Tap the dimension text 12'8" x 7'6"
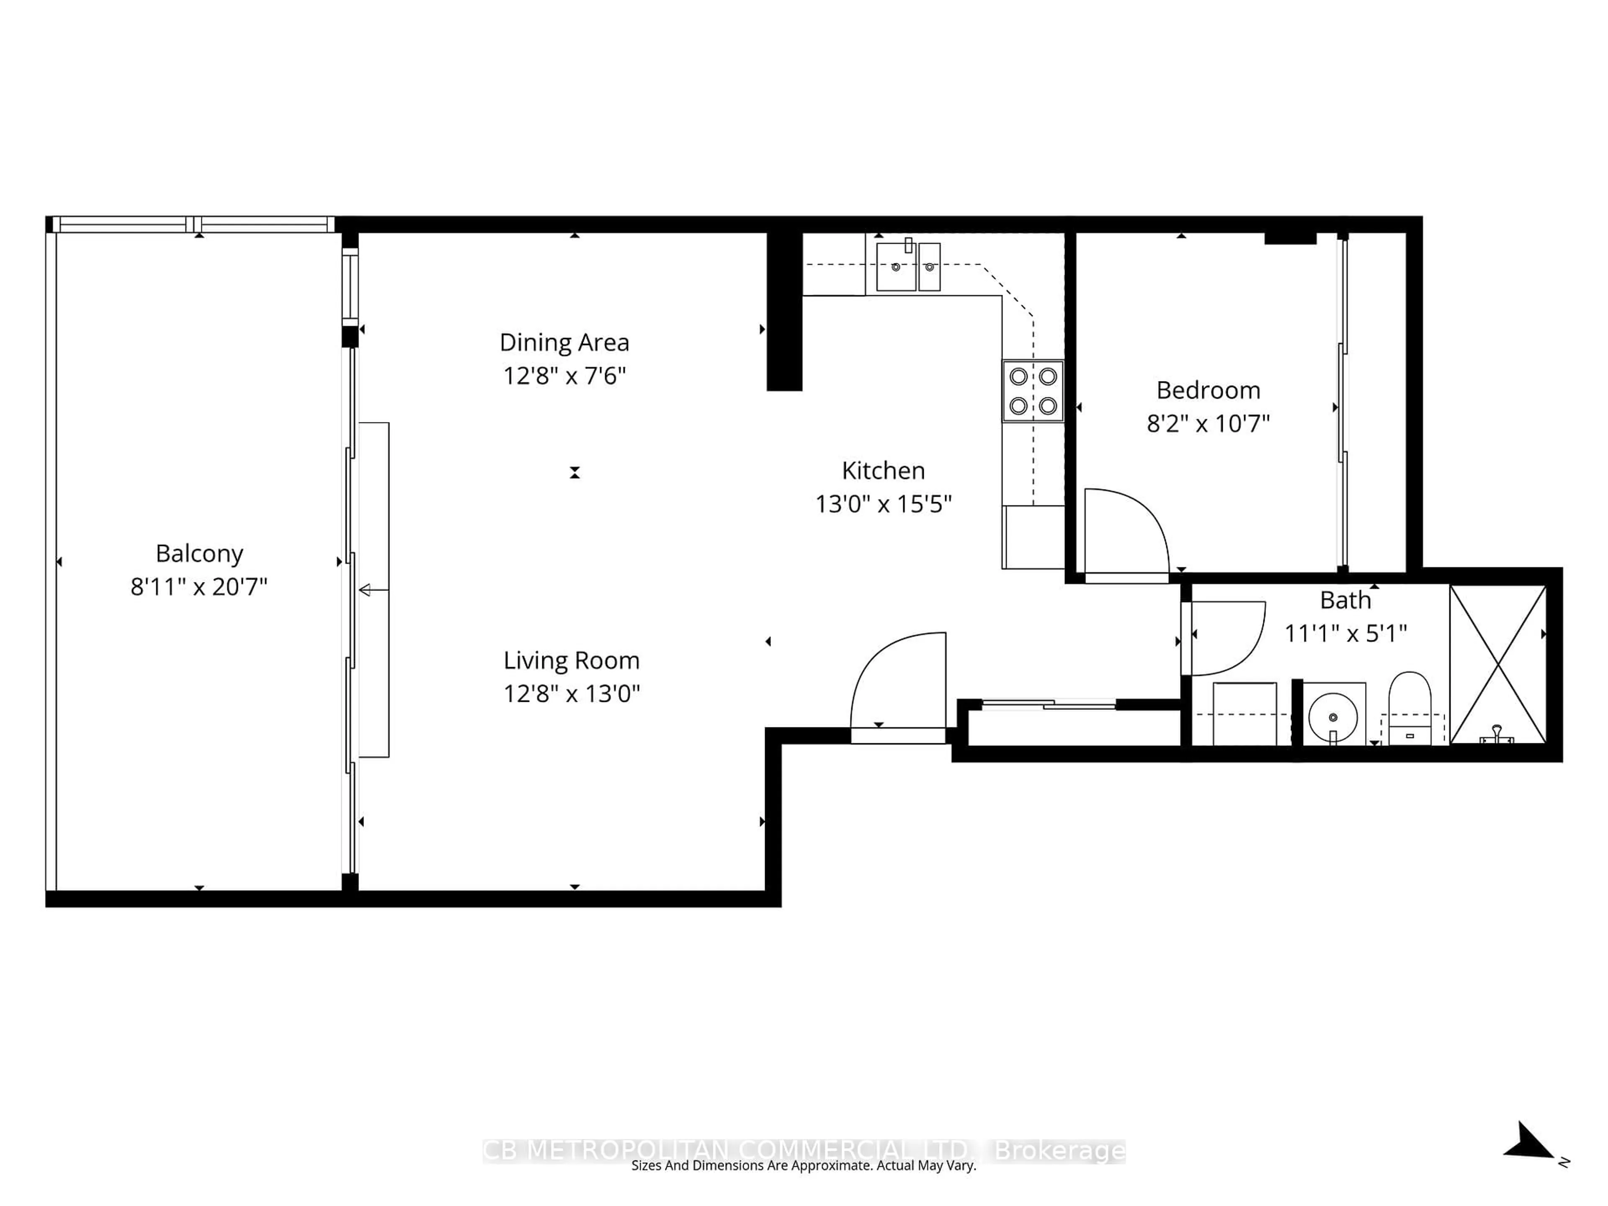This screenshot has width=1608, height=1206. click(x=564, y=376)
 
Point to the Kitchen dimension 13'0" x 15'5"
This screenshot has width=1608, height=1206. click(x=883, y=504)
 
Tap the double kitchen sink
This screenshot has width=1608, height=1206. click(x=908, y=267)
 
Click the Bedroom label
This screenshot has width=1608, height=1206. click(x=1208, y=390)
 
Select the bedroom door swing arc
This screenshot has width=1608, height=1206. click(x=1134, y=527)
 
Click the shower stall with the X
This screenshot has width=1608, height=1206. click(x=1497, y=664)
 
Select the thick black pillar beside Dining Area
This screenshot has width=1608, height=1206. click(x=784, y=311)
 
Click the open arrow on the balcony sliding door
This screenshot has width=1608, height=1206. click(x=366, y=590)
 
